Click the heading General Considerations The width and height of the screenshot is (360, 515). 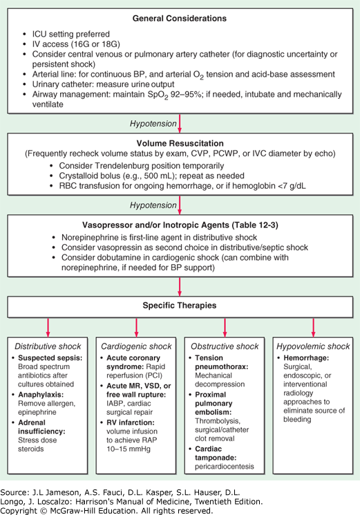(x=180, y=19)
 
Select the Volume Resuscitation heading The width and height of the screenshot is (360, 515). (x=180, y=144)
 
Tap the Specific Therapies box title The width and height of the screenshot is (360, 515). (x=180, y=306)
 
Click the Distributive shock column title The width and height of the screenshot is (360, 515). (x=48, y=346)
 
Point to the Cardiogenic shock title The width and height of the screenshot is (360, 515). (x=136, y=346)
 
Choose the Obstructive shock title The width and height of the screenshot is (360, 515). (x=225, y=346)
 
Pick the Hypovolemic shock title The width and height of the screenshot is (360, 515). (x=313, y=346)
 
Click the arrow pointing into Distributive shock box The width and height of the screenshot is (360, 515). (x=48, y=328)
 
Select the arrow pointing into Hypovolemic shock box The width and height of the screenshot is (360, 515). (x=313, y=328)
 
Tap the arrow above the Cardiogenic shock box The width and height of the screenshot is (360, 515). (x=136, y=328)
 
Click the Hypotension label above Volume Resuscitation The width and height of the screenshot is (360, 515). (x=153, y=124)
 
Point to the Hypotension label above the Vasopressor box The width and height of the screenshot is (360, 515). (x=153, y=205)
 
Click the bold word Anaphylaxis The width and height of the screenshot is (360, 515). (x=41, y=395)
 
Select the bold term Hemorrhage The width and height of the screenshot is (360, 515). (x=306, y=358)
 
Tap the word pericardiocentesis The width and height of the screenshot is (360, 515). (x=225, y=467)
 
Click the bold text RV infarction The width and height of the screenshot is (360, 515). (x=131, y=422)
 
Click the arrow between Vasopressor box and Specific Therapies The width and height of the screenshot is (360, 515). (x=180, y=287)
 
